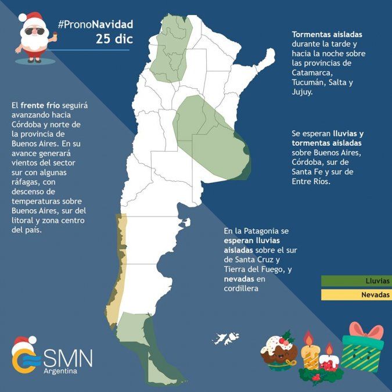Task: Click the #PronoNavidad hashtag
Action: (x=95, y=24)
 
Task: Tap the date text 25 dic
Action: (x=114, y=39)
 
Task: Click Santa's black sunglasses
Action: (x=33, y=31)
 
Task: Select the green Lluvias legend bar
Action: (x=356, y=281)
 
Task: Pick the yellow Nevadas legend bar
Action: (x=356, y=295)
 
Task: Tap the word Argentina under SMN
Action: (x=60, y=371)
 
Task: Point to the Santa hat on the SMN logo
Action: (x=23, y=343)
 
